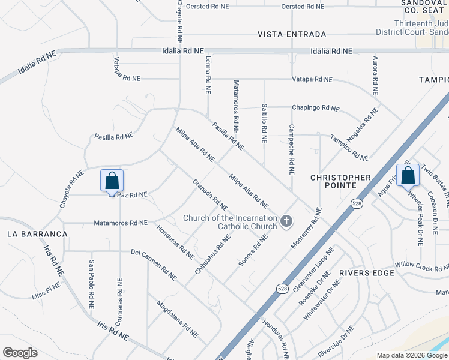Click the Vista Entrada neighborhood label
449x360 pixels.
292,34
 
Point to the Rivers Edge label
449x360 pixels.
367,273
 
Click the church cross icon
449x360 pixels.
286,221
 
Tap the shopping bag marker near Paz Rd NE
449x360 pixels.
112,181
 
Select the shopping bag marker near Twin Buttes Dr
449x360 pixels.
408,175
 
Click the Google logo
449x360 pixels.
20,353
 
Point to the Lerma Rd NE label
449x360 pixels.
208,71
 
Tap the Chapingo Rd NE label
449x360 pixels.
315,108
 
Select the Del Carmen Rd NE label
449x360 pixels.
154,265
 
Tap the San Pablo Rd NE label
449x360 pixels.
92,284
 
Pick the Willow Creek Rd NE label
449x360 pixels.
421,265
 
